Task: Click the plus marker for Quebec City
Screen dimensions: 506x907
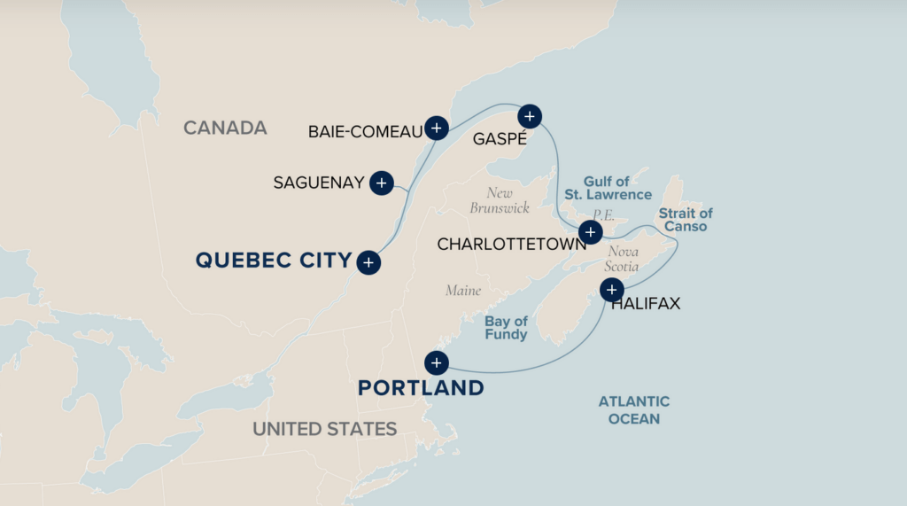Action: pyautogui.click(x=368, y=261)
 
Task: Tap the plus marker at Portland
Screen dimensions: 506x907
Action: pyautogui.click(x=436, y=362)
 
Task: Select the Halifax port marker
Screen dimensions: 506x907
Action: pyautogui.click(x=612, y=290)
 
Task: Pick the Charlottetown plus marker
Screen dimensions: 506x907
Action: pyautogui.click(x=590, y=233)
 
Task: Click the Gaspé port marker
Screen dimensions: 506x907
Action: pyautogui.click(x=529, y=115)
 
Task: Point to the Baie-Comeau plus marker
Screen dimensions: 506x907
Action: pyautogui.click(x=436, y=128)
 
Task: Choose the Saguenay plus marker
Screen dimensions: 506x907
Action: pyautogui.click(x=381, y=183)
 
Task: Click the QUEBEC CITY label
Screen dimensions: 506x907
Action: pyautogui.click(x=273, y=261)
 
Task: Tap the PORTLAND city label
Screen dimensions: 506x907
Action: pyautogui.click(x=421, y=388)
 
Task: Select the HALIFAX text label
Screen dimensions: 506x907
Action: pyautogui.click(x=646, y=304)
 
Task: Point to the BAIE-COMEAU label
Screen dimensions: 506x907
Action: pyautogui.click(x=365, y=131)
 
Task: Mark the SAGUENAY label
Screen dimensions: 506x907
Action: pyautogui.click(x=319, y=183)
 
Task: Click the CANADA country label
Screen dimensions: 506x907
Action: pyautogui.click(x=225, y=128)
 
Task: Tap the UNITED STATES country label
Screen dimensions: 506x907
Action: pyautogui.click(x=324, y=429)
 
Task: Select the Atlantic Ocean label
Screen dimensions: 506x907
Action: pyautogui.click(x=633, y=410)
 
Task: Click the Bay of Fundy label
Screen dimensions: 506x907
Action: pyautogui.click(x=506, y=328)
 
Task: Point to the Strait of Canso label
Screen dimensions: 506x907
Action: pyautogui.click(x=685, y=220)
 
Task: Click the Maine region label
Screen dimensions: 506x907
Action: pyautogui.click(x=463, y=291)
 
